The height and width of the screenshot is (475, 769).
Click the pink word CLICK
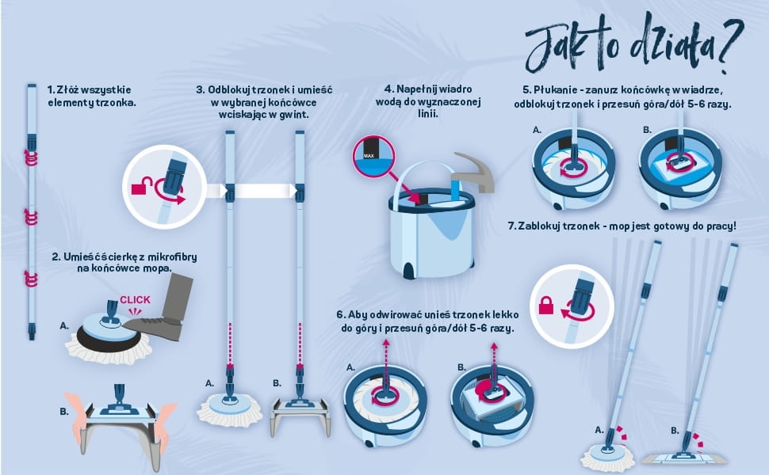point(135,300)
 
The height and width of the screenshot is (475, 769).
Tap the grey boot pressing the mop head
point(161,309)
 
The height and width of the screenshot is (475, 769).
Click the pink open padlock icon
point(142,187)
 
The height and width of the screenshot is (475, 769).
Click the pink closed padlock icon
point(546,305)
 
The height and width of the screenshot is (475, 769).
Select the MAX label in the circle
point(369,156)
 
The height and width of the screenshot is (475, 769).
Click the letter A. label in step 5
point(537,131)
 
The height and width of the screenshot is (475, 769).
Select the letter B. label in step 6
point(461,367)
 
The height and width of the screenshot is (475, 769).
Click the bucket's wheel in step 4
point(407,270)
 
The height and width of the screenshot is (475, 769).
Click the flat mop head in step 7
point(683,458)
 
